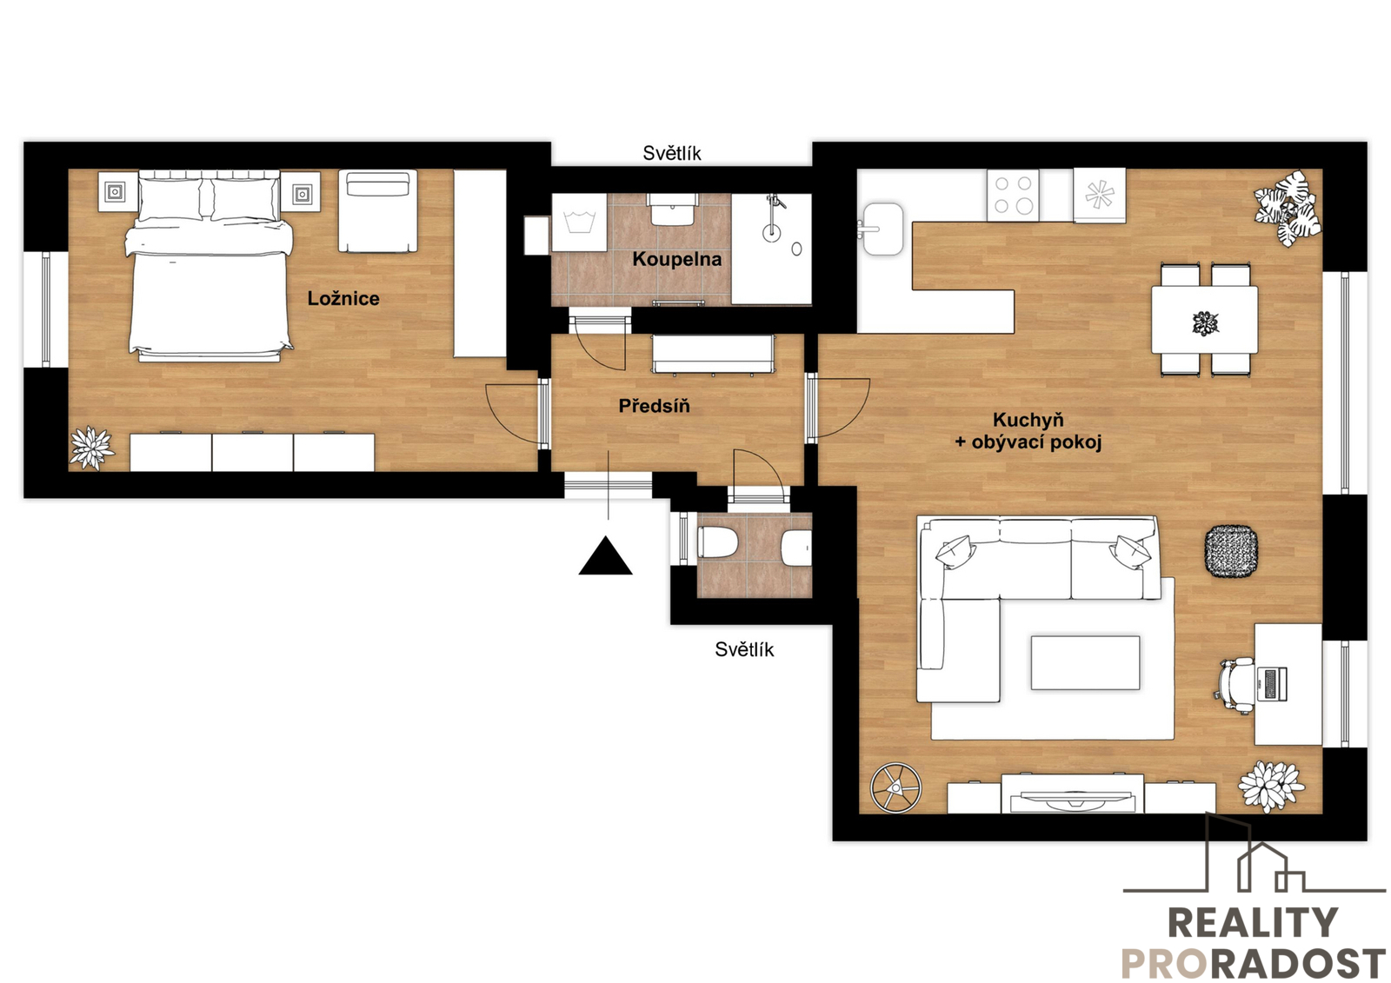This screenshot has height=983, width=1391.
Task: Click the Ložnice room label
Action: pos(343,299)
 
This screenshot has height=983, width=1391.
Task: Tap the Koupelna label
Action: pos(677,259)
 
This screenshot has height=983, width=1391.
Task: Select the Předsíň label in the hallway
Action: pos(654,406)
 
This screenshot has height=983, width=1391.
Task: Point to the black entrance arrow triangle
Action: pos(605,555)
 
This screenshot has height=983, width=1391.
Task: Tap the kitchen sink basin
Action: pos(882,229)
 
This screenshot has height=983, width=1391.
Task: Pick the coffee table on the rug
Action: pos(1086,662)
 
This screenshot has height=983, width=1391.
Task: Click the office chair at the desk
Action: pos(1235,686)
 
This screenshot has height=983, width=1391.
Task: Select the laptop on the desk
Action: pos(1272,684)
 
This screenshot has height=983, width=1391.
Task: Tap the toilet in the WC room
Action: pos(718,542)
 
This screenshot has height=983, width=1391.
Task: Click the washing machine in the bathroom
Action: pos(579,223)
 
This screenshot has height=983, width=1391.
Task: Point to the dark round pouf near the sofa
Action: pos(1231,551)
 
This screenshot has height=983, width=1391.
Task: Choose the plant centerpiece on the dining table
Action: pos(1205,323)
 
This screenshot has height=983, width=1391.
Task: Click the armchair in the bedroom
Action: pos(377,211)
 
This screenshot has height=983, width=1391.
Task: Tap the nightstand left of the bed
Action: pos(115,192)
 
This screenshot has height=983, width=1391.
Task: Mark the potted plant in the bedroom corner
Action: pos(92,447)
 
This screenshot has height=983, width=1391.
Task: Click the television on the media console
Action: pos(1073,800)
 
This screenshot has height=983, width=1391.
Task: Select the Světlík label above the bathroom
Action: pos(672,153)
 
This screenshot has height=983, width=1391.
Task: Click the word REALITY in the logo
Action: pos(1253,922)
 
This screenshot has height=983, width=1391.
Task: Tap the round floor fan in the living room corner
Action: pos(895,787)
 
